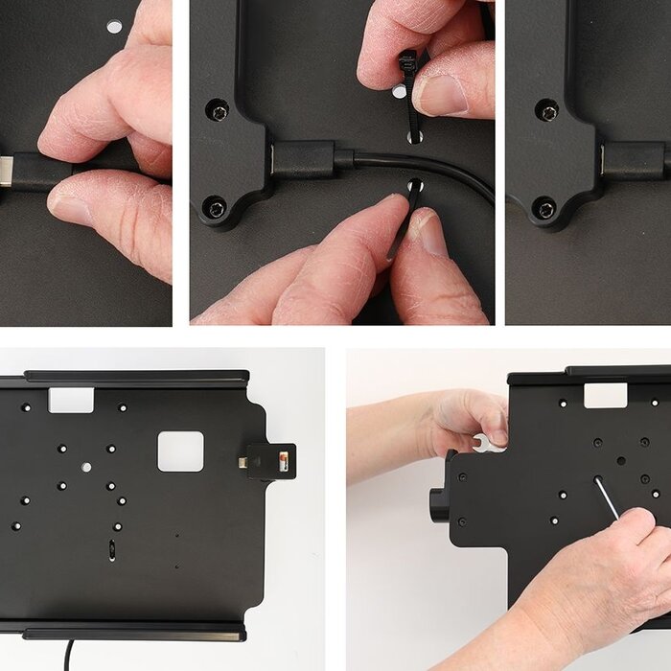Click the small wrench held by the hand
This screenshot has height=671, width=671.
[x=490, y=443]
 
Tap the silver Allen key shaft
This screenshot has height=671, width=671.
[x=606, y=498]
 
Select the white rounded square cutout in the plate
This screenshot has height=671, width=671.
[x=180, y=451]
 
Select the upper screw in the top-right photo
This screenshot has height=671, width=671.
[x=547, y=112]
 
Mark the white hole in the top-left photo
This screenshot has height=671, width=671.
[x=114, y=26]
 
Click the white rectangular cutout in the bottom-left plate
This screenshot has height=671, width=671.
[x=71, y=400]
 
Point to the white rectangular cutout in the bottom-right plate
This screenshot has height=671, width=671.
[x=605, y=394]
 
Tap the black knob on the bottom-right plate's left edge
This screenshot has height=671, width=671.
[x=438, y=504]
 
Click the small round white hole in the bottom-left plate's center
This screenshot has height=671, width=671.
[x=86, y=467]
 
